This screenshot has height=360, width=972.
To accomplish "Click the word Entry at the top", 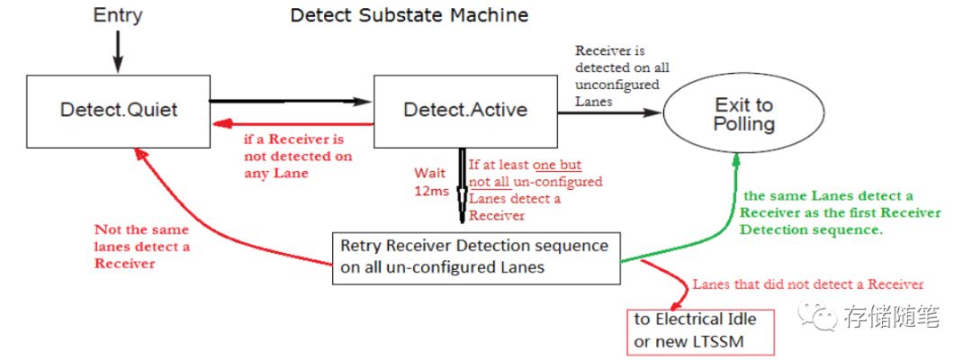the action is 118,15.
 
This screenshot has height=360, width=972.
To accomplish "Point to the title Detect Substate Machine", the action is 409,15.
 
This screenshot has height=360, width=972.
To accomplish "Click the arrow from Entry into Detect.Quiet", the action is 118,50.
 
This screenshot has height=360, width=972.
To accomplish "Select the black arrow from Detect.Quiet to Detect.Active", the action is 291,101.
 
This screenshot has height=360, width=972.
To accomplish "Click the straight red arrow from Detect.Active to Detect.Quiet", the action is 292,124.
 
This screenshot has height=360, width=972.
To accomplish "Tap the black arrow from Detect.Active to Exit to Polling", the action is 610,112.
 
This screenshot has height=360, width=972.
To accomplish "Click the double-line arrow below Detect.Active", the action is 462,184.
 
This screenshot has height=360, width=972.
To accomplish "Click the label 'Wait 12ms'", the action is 431,180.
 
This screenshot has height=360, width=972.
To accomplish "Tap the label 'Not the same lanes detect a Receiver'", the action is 142,246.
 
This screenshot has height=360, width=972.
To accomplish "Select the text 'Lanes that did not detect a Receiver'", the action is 808,284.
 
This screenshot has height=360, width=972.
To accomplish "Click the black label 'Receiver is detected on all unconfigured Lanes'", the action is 622,76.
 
